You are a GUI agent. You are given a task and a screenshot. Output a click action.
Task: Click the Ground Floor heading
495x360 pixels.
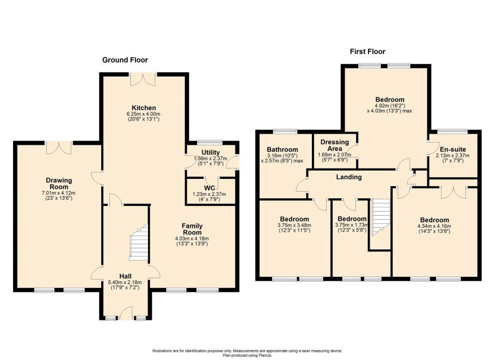125,60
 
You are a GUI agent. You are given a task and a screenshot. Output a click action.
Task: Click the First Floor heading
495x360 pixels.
367,52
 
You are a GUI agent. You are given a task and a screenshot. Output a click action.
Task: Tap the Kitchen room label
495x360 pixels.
144,108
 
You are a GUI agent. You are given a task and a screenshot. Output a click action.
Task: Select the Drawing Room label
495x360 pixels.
59,184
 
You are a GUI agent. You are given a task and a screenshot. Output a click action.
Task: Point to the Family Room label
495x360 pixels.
192,229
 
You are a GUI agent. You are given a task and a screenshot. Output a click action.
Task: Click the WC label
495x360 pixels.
210,188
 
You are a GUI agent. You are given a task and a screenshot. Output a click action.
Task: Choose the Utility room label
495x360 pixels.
211,152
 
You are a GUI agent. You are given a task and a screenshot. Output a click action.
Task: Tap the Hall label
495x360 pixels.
125,276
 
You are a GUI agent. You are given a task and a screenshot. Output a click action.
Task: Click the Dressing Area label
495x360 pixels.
334,145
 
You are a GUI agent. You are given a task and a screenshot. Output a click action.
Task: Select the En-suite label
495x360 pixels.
453,150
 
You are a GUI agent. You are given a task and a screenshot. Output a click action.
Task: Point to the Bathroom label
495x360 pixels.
282,150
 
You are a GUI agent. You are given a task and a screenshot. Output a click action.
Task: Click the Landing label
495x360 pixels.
349,177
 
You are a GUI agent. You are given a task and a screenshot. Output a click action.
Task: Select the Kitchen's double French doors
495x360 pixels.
143,79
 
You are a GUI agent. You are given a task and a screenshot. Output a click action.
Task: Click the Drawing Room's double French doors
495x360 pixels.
59,148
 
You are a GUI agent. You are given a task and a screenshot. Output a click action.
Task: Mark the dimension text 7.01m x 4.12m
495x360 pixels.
59,193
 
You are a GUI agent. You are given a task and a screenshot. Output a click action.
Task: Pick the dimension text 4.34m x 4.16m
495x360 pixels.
434,226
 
